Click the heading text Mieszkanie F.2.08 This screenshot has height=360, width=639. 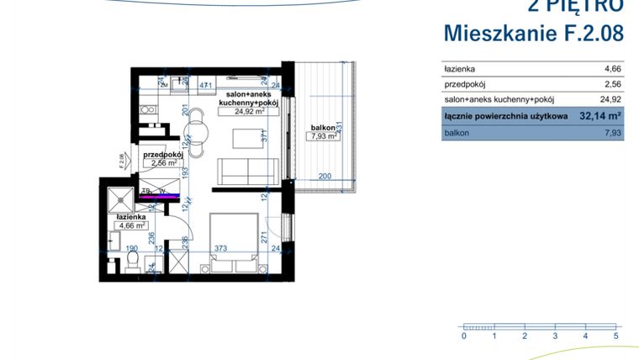coord(533,34)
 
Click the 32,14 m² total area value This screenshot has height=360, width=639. coord(599,117)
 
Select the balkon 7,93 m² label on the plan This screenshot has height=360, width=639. coord(322,136)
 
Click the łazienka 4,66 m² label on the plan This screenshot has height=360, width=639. coord(132,225)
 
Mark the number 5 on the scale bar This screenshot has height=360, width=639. coord(616,336)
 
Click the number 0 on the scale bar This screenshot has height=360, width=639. coord(463,336)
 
